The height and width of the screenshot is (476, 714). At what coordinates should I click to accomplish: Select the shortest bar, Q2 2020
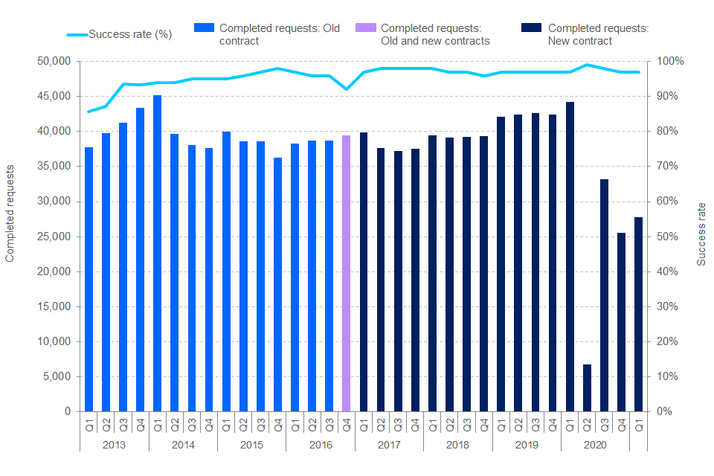pyautogui.click(x=587, y=387)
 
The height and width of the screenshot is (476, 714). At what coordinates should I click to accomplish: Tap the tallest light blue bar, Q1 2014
pyautogui.click(x=157, y=253)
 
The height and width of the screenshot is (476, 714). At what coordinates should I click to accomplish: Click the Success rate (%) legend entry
pyautogui.click(x=119, y=34)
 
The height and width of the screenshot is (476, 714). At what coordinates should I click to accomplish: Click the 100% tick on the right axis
pyautogui.click(x=667, y=61)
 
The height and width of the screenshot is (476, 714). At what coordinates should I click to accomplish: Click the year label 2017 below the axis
pyautogui.click(x=389, y=444)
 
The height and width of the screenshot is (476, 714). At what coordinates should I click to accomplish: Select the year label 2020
pyautogui.click(x=595, y=444)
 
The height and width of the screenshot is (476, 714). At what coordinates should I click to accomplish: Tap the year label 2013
pyautogui.click(x=114, y=444)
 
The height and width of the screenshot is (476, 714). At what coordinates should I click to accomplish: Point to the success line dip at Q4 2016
pyautogui.click(x=346, y=89)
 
